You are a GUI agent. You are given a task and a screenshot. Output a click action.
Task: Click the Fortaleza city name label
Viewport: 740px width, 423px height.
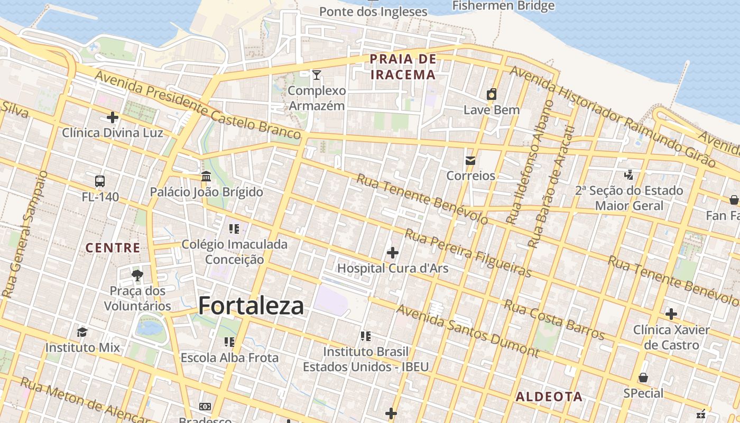coord(251,306)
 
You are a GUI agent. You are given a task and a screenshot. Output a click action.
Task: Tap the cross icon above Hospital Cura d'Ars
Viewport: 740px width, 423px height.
coord(392,253)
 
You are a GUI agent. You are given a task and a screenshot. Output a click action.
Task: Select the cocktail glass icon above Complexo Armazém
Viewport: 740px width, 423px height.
coord(316,75)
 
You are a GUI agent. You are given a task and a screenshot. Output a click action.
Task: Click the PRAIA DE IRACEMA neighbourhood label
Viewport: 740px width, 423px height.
coord(403,67)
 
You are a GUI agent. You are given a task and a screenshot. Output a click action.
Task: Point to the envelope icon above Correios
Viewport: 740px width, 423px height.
coord(470,161)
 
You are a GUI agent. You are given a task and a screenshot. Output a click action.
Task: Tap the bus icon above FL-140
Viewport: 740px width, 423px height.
coord(100,181)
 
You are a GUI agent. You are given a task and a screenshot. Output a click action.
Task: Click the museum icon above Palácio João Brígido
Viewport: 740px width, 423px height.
coord(206,176)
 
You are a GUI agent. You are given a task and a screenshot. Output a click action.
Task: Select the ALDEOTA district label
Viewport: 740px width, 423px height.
coord(549,397)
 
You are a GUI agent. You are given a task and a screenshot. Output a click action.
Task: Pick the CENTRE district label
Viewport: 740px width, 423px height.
coord(113,247)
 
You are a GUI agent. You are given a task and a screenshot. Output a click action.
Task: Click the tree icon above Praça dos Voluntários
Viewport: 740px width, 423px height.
coord(137,275)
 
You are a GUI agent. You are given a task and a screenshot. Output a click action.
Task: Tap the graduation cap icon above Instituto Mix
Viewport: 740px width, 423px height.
coord(82,332)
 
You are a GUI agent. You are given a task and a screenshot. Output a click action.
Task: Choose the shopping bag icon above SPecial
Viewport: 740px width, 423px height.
coord(643,378)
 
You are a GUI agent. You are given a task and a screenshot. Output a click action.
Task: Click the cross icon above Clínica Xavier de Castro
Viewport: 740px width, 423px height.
coord(671,314)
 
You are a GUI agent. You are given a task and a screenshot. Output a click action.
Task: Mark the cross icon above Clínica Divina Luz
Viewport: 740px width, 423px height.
coord(112,117)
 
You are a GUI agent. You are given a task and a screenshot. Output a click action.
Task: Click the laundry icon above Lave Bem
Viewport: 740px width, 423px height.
coord(492,95)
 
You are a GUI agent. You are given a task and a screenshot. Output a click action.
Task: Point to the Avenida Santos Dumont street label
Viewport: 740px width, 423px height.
coord(467,330)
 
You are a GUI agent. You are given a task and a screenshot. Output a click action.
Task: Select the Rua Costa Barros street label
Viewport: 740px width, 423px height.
coord(553,319)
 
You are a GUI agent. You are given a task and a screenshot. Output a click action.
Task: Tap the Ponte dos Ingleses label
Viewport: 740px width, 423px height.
coord(373,11)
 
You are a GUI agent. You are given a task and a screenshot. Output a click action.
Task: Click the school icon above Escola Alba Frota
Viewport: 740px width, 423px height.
coord(229,342)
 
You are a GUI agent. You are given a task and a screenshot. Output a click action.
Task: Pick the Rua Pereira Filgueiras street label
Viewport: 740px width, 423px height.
coord(468,253)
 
